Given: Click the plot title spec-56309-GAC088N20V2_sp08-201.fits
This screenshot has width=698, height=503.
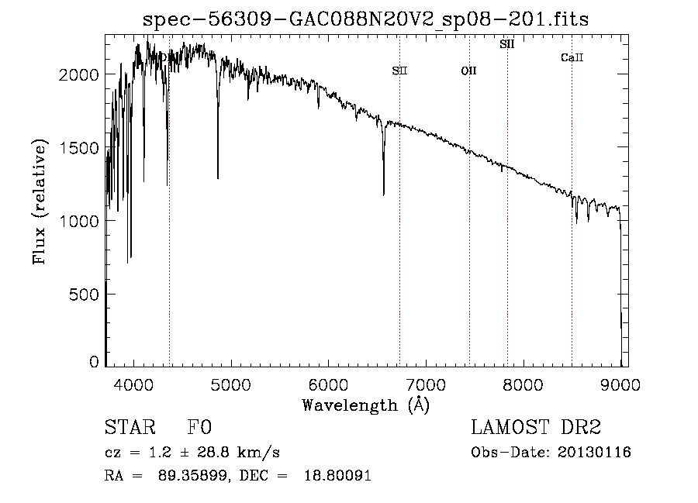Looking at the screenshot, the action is (365, 19).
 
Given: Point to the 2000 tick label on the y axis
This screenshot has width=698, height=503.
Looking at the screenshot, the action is (78, 74).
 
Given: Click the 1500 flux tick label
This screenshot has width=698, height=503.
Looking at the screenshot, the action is (78, 148).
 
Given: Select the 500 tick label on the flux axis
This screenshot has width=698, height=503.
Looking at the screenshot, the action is (84, 295).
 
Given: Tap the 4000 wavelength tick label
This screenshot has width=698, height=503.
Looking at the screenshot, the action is (133, 384).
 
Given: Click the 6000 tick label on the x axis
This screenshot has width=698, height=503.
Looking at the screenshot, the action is (328, 384).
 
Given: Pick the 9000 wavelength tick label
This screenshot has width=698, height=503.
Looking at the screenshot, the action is (620, 384).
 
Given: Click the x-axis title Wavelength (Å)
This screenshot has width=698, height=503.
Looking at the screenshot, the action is (366, 405).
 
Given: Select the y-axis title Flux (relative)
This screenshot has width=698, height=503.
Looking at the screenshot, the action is (40, 202).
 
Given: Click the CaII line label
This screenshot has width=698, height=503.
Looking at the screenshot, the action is (572, 57).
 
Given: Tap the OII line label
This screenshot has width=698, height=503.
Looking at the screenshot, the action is (468, 71).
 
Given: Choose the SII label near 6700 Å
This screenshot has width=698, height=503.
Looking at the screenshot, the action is (399, 71).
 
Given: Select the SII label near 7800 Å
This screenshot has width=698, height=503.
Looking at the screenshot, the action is (507, 44).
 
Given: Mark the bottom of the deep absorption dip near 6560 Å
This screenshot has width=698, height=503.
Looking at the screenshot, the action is (384, 195).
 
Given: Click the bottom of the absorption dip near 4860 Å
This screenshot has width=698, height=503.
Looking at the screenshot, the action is (218, 178).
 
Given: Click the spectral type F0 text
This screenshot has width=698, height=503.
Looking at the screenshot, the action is (199, 427).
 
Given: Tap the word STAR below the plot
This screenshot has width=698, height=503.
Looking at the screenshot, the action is (130, 427).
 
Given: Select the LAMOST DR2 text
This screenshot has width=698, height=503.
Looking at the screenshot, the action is (536, 427).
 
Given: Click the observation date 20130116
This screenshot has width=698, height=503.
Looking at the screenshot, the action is (594, 453).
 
